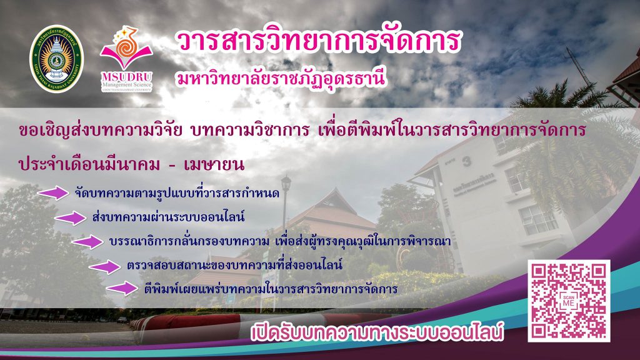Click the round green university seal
point(56,59)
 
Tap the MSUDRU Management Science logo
point(126,59)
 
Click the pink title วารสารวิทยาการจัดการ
point(319,41)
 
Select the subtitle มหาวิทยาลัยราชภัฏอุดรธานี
point(281,77)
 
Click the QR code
point(569,301)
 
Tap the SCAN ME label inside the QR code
point(569,301)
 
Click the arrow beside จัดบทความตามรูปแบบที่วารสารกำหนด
point(54,192)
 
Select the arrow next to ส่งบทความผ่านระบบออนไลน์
point(71,218)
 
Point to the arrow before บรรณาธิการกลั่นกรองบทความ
point(87,242)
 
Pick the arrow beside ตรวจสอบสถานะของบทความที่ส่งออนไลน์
point(105,267)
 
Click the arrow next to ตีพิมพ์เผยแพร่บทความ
point(122,288)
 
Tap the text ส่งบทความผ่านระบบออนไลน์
point(168,217)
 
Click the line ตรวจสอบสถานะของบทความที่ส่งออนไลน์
point(234,265)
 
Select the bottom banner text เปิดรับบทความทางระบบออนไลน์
point(377,332)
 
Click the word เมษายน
point(214,164)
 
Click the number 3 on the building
point(466,162)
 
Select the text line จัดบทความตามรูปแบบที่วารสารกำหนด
point(177,192)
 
